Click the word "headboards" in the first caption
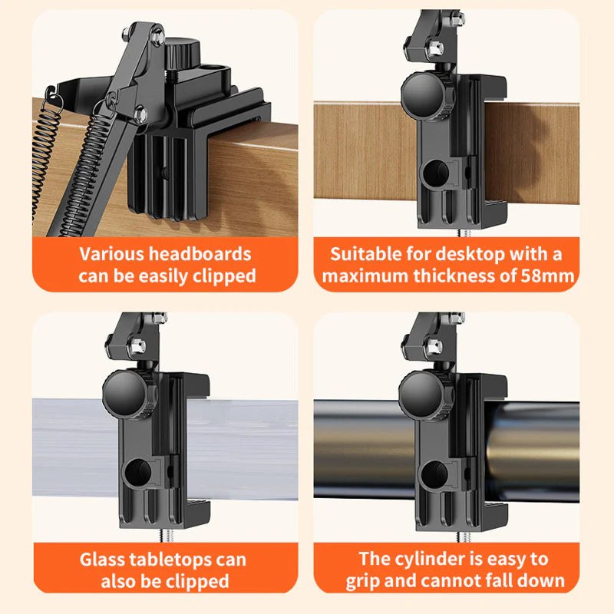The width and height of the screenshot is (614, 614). coord(200,254)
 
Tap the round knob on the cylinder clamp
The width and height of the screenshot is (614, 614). coord(422,394)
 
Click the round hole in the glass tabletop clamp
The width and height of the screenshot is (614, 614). coord(137,473)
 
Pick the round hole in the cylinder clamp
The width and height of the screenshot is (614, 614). coord(434,474)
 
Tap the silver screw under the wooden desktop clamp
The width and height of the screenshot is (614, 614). coord(464,233)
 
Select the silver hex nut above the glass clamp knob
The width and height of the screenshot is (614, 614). coord(137,346)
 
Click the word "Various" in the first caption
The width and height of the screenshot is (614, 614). coord(111,254)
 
